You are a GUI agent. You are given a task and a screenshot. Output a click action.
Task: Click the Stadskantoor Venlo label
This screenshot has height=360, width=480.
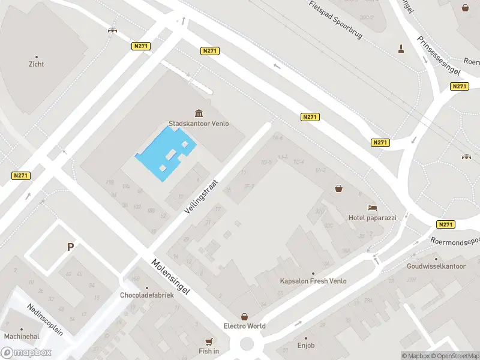pyautogui.click(x=199, y=124)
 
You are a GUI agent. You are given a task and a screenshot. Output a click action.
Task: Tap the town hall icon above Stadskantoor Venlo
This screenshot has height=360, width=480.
pyautogui.click(x=199, y=113)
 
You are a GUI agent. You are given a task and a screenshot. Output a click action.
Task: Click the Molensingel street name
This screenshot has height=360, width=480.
pyautogui.click(x=171, y=278)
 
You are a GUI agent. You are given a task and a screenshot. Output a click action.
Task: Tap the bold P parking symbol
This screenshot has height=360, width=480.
pyautogui.click(x=70, y=247)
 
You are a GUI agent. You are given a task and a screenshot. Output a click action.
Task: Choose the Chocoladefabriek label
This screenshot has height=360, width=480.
pyautogui.click(x=147, y=295)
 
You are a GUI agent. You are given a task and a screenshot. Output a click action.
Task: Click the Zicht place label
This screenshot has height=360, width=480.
pyautogui.click(x=36, y=64)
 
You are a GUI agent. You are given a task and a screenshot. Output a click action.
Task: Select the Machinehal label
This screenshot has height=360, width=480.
pyautogui.click(x=22, y=337)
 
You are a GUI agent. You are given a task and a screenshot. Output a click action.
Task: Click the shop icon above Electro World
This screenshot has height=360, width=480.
pyautogui.click(x=245, y=316)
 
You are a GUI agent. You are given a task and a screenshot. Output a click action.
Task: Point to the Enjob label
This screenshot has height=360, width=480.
pyautogui.click(x=305, y=346)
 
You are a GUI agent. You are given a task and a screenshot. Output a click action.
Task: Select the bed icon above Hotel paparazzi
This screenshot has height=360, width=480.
pyautogui.click(x=373, y=208)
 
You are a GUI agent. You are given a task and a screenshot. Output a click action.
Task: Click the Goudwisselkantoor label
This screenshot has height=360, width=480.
pyautogui.click(x=436, y=266)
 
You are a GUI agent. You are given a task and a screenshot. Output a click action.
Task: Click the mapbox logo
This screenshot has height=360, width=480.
pyautogui.click(x=26, y=353)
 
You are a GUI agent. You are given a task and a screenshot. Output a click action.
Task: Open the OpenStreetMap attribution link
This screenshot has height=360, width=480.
pyautogui.click(x=454, y=356)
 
